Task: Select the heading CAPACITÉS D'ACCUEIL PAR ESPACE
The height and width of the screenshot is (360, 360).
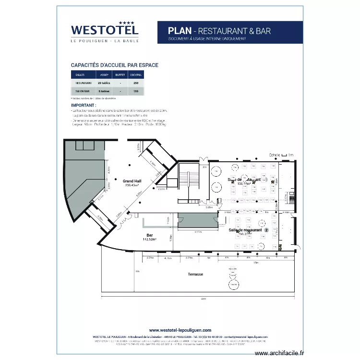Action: tap(115, 65)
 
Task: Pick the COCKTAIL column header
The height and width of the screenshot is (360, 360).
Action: tap(136, 75)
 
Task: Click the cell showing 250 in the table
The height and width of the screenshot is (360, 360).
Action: tap(136, 83)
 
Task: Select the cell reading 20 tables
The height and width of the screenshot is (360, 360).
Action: tap(104, 83)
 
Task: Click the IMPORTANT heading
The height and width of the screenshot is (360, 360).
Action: tap(84, 105)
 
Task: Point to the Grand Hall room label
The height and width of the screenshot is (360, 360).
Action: tap(132, 181)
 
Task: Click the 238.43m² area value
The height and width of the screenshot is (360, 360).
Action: tap(132, 185)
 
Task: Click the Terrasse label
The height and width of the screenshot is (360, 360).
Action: tap(195, 275)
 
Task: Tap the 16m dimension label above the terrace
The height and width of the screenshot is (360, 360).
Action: tap(256, 263)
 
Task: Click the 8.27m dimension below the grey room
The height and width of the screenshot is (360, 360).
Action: tap(198, 232)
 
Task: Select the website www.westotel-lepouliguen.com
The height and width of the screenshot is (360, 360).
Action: tap(180, 330)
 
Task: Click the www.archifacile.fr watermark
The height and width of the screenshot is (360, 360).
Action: tap(279, 353)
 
